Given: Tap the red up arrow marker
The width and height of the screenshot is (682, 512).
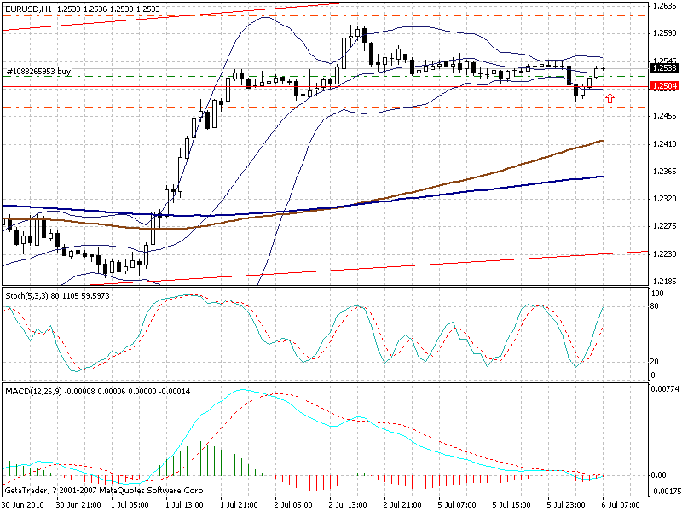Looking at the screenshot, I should coord(610,99).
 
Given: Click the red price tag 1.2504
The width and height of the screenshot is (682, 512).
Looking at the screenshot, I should coord(663,86).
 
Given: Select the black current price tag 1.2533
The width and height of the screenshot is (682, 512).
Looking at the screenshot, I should coord(663,67).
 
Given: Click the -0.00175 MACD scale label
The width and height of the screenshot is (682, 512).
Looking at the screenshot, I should coord(664,491).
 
